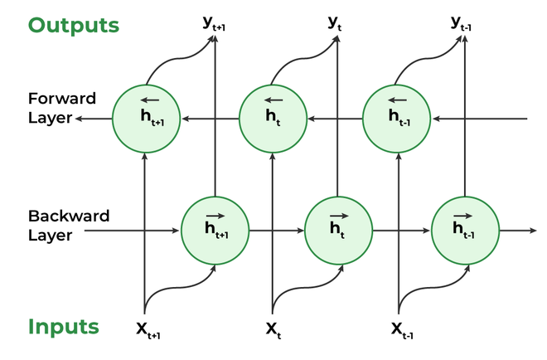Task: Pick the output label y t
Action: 336,22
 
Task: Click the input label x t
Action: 273,329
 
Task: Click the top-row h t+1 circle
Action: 145,119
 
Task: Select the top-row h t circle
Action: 273,119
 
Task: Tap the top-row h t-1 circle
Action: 399,119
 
